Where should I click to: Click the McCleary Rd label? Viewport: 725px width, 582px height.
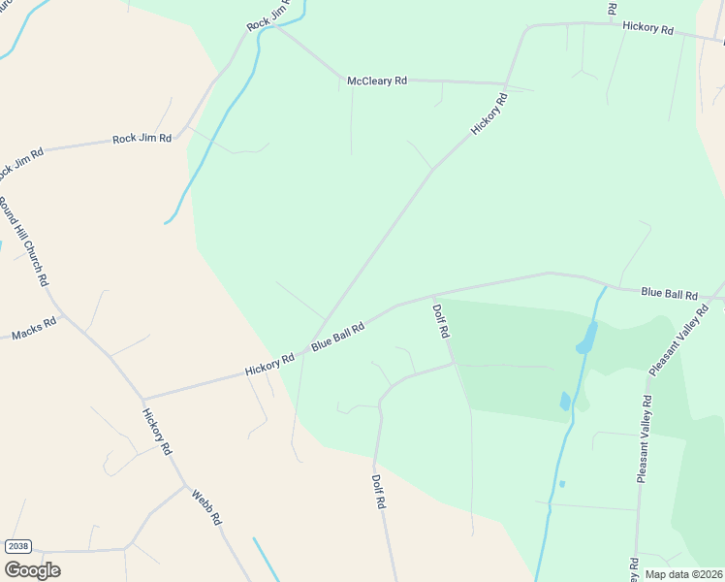(x=377, y=81)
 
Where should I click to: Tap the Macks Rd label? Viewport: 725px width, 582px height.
(x=34, y=335)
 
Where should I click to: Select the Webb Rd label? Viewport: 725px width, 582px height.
(x=206, y=506)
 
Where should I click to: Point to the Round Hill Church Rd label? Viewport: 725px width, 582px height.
(x=23, y=242)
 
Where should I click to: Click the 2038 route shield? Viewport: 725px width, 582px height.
(x=17, y=546)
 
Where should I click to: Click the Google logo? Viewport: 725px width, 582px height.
(x=32, y=570)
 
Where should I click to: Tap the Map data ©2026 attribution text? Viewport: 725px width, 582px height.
(x=683, y=574)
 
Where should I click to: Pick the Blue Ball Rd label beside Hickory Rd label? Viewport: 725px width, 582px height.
(x=337, y=338)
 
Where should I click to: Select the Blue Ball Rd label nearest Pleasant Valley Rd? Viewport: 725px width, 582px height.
(x=669, y=293)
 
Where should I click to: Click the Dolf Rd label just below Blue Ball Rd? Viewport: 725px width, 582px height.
(x=441, y=321)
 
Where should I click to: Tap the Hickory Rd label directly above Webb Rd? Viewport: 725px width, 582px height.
(x=157, y=433)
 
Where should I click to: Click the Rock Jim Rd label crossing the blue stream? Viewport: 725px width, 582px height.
(x=269, y=16)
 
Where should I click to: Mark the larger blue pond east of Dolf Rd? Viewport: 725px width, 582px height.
(x=586, y=338)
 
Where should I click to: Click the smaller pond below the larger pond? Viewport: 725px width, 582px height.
(x=565, y=401)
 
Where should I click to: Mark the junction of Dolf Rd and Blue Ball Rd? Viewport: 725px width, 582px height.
(x=432, y=295)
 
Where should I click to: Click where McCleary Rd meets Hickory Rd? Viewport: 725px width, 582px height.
(x=505, y=85)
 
